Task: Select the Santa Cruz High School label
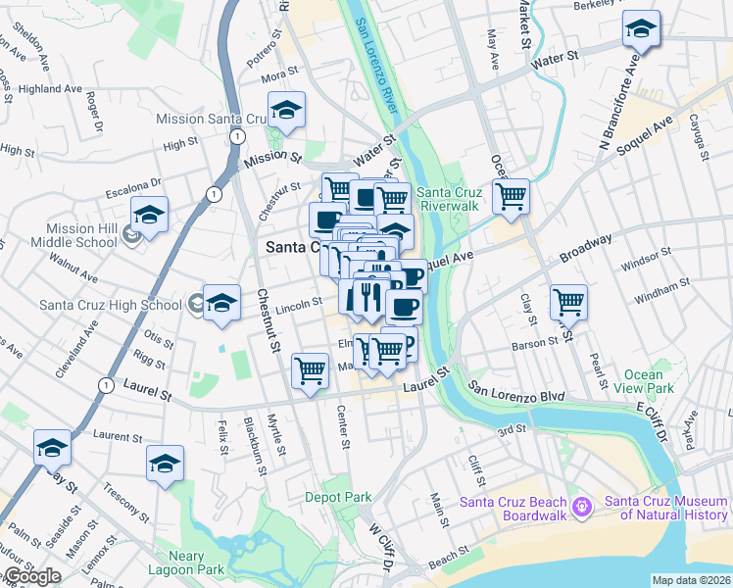click(110, 305)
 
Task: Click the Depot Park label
click(338, 497)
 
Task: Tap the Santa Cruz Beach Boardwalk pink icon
click(581, 506)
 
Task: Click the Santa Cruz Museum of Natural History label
click(665, 507)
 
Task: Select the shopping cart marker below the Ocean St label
click(511, 196)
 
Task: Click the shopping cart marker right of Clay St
click(567, 302)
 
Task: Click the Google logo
click(31, 576)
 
